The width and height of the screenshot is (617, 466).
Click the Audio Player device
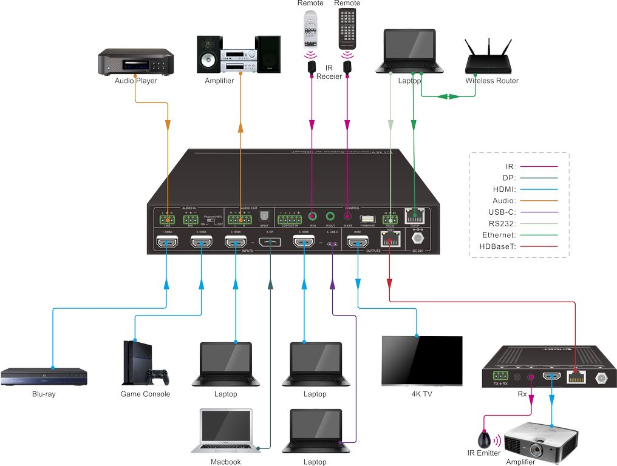136,63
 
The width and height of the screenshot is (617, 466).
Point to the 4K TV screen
421,360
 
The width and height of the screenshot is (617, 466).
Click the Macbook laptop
226,431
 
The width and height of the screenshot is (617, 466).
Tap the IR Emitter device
486,439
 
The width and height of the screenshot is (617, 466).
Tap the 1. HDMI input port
167,243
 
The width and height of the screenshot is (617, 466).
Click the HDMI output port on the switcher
357,243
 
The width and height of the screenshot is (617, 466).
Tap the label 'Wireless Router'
492,81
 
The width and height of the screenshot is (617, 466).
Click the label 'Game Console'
145,394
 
